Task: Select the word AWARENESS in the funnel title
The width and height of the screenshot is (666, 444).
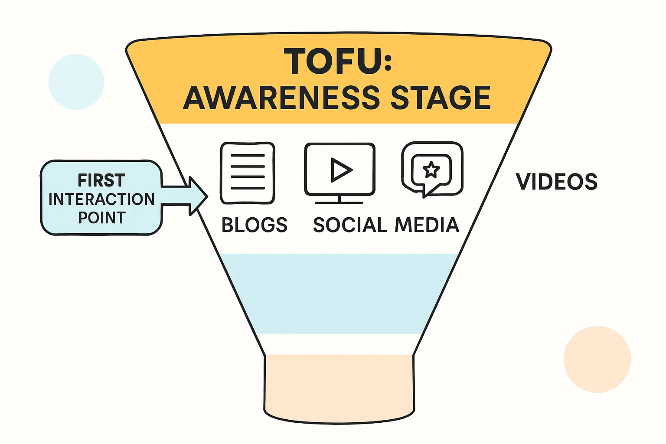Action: pos(281,98)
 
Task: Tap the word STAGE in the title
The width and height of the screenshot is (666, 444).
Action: pos(441,98)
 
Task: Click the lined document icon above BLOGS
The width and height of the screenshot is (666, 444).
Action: pos(248,173)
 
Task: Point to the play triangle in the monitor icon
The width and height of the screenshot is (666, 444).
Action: pos(341,170)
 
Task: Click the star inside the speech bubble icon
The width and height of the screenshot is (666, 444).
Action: pos(431,170)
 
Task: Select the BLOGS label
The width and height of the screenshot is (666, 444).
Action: pos(255,225)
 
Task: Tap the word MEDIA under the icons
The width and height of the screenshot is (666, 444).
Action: pos(427,225)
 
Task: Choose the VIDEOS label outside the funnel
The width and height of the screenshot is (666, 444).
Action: pos(557,182)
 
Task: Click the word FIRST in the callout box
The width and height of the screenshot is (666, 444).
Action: pos(101,180)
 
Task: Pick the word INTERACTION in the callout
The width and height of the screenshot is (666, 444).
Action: pos(101,199)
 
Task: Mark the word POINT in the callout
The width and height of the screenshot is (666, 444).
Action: pos(102,218)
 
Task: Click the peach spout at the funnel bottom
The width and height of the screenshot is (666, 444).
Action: pos(339,386)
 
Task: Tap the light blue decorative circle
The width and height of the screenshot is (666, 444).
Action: pos(76,82)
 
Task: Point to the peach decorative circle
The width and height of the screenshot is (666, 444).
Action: pos(597,359)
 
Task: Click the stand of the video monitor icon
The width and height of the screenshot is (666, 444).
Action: pos(339,200)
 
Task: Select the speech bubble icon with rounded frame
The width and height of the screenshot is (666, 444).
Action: pos(432,170)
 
